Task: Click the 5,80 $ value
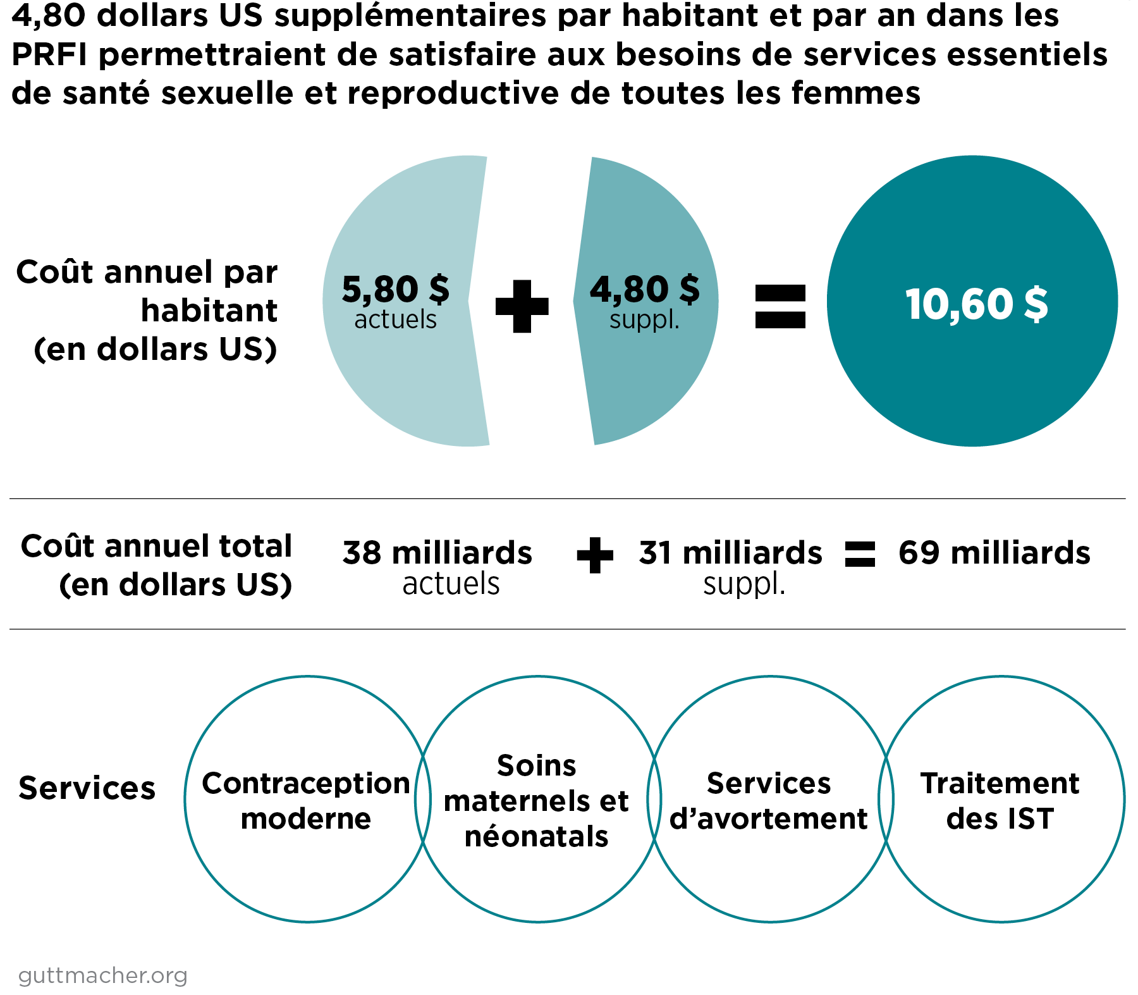(x=395, y=289)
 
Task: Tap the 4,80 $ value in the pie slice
(x=644, y=289)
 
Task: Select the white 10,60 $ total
(x=976, y=304)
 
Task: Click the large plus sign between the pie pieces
(x=522, y=306)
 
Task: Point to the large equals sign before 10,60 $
(x=780, y=306)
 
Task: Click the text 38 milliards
(x=437, y=553)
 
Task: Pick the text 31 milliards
(x=730, y=553)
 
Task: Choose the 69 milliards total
(x=994, y=553)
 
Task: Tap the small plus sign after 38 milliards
(x=595, y=555)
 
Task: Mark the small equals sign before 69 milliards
(x=860, y=555)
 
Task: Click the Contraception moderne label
(x=306, y=801)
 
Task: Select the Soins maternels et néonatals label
(x=536, y=801)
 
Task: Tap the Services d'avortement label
(x=769, y=801)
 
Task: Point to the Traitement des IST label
(x=1000, y=801)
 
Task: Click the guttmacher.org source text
(x=103, y=975)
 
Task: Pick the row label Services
(x=87, y=788)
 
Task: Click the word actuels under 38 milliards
(x=451, y=584)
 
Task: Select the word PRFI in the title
(x=49, y=55)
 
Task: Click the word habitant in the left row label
(x=209, y=311)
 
